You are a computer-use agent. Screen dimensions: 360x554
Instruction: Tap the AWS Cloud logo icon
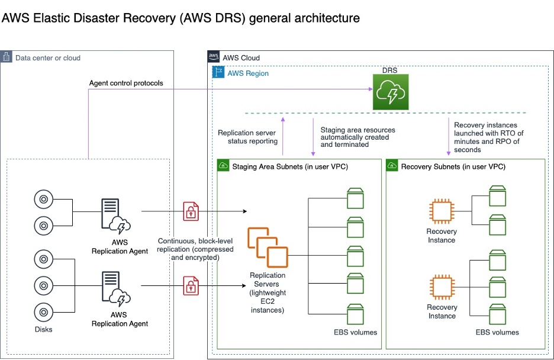(x=214, y=57)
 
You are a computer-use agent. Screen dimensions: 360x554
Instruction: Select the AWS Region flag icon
(x=218, y=73)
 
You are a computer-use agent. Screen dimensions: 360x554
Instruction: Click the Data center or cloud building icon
(x=7, y=57)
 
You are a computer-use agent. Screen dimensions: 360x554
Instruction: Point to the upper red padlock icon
(x=191, y=211)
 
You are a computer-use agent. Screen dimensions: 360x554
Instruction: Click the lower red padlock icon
(x=191, y=285)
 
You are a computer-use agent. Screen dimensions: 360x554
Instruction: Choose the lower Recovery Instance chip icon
(x=442, y=287)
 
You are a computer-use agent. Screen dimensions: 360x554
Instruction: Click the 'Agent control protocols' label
(x=126, y=83)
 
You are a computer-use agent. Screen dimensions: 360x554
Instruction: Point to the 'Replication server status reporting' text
(x=247, y=137)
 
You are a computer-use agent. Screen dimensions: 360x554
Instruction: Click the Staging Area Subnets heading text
(x=290, y=166)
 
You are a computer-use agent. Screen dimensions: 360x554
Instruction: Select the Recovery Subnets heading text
(x=453, y=166)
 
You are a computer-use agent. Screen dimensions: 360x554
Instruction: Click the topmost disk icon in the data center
(x=43, y=200)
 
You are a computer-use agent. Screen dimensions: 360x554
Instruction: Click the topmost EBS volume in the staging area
(x=356, y=198)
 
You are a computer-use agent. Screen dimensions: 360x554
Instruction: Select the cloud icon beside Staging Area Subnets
(x=224, y=166)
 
